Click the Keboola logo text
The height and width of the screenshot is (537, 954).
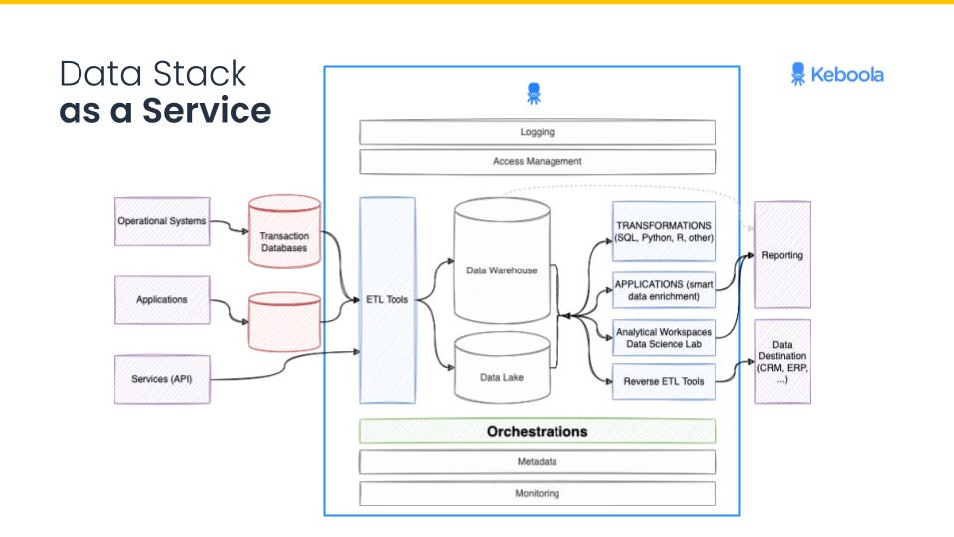click(847, 74)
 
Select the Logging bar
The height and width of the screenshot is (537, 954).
click(537, 132)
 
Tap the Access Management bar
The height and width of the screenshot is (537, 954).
click(537, 161)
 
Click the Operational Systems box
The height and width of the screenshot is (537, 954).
click(162, 221)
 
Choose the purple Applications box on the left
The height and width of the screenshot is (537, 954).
click(162, 299)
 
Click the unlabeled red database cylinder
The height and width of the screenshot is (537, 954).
click(284, 321)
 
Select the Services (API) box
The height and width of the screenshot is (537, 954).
click(162, 379)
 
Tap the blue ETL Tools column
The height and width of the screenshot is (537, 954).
click(388, 299)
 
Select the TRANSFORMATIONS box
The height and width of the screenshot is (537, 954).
click(664, 231)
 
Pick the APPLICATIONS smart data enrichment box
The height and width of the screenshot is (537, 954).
click(664, 290)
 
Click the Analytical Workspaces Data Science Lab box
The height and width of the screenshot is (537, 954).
click(664, 337)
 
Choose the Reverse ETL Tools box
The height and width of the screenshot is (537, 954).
click(664, 381)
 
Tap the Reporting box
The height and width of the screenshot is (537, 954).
click(782, 255)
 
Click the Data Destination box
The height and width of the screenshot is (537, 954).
click(782, 361)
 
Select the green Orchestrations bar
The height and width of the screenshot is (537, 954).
click(537, 431)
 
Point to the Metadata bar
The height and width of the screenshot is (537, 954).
click(537, 462)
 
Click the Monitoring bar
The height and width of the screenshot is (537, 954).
click(537, 493)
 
